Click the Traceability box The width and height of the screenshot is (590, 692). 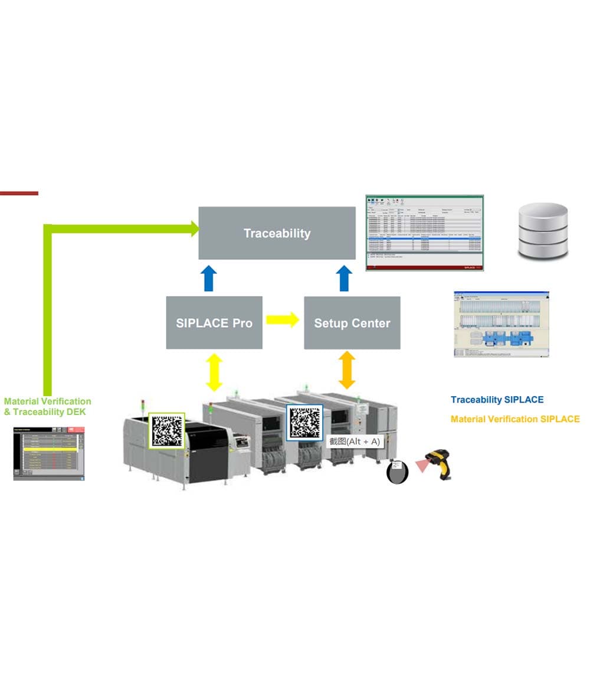click(277, 233)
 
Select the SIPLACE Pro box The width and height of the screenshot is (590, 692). click(214, 323)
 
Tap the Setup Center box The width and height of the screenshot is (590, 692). click(352, 323)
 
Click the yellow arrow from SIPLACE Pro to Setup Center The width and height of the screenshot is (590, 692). click(283, 320)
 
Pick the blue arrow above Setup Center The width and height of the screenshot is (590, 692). click(345, 278)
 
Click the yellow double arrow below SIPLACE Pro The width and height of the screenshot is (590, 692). click(214, 373)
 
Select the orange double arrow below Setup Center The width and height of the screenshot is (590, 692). click(347, 370)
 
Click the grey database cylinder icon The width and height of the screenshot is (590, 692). click(542, 232)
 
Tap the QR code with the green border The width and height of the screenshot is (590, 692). click(167, 430)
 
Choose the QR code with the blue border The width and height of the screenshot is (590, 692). click(304, 422)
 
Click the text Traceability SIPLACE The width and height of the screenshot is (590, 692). click(497, 400)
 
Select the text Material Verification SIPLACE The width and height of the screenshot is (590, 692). click(514, 419)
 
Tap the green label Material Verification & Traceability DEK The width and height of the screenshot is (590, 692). click(47, 407)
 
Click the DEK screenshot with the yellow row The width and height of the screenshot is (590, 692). click(48, 453)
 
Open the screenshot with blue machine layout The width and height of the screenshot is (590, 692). click(501, 324)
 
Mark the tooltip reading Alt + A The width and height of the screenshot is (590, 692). click(355, 441)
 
